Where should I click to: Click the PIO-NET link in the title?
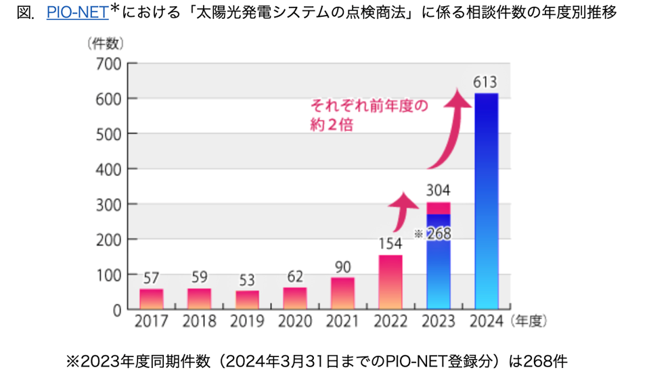point(77,12)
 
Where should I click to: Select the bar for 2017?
point(151,299)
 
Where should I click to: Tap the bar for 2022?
point(390,282)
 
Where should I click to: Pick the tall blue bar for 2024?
point(486,203)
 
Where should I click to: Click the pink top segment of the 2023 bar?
point(439,208)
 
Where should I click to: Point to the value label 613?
point(486,83)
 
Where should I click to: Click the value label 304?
point(439,191)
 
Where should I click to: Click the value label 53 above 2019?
point(247,279)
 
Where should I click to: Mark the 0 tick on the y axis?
point(116,310)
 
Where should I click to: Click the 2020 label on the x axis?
point(294,322)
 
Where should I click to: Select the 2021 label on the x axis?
point(342,322)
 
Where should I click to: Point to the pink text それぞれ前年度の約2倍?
point(369,115)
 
